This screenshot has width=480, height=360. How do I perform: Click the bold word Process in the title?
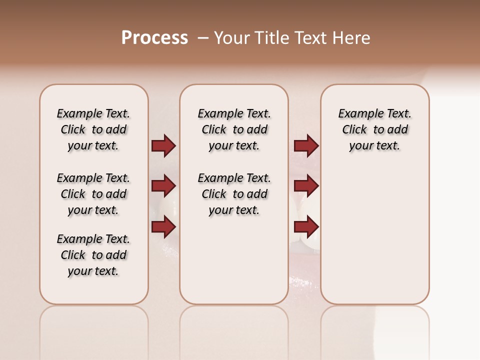(154, 38)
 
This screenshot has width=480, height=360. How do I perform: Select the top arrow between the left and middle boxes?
(163, 145)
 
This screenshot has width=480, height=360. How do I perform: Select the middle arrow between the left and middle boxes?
(163, 186)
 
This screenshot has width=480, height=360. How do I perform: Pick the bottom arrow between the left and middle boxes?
(163, 226)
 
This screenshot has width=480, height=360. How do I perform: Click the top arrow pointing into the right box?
(306, 145)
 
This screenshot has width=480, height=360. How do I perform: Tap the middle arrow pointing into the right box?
(306, 186)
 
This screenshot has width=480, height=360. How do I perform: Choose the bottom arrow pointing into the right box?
(306, 226)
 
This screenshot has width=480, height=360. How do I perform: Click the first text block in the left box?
(93, 129)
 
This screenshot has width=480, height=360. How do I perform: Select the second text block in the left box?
(93, 194)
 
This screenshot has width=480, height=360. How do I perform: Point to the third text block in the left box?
(93, 255)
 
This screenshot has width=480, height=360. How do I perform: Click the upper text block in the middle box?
(234, 129)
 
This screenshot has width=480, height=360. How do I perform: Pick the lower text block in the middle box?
(234, 194)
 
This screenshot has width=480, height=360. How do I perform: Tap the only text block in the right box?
(374, 129)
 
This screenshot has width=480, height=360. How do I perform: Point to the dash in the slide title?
(203, 38)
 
